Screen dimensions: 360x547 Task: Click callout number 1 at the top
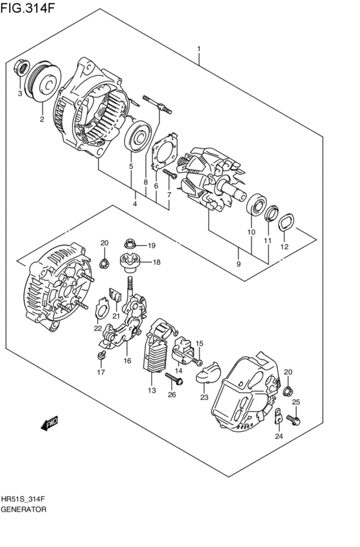[199, 49]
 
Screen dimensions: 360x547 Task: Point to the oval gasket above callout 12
[285, 222]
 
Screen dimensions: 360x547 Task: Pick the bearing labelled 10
[256, 204]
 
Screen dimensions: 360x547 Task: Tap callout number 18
[157, 262]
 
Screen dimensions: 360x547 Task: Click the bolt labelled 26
[174, 378]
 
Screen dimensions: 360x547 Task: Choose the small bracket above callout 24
[278, 416]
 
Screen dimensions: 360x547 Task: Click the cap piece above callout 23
[207, 372]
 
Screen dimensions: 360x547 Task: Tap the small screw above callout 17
[102, 355]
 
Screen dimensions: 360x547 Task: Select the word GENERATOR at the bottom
[24, 509]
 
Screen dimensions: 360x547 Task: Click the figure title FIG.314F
[28, 7]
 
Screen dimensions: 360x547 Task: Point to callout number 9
[239, 264]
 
